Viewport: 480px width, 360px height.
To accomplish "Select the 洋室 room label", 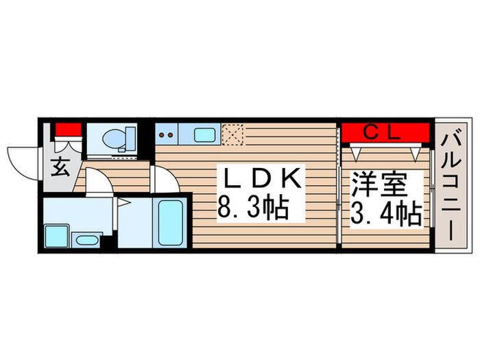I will [x=379, y=185].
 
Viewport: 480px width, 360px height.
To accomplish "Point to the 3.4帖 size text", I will [x=387, y=215].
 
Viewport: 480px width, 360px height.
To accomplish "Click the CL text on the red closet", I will [x=381, y=132].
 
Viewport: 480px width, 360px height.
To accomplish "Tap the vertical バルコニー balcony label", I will [x=451, y=185].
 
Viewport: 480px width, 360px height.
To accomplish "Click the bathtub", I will [x=167, y=224].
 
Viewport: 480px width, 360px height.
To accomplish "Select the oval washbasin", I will [x=85, y=240].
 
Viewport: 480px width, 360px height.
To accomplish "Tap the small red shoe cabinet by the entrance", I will [x=68, y=129].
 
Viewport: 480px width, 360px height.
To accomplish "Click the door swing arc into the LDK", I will [x=165, y=180].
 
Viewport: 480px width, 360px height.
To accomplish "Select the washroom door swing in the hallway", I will [x=96, y=182].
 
